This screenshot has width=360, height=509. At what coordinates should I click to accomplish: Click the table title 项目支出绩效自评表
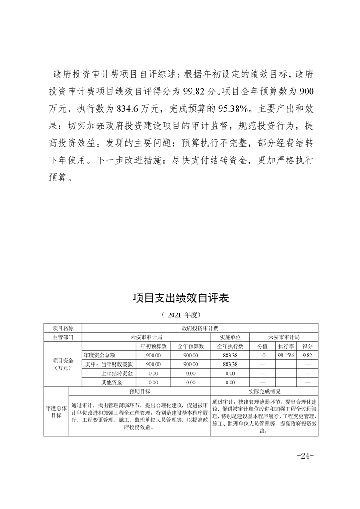(x=181, y=298)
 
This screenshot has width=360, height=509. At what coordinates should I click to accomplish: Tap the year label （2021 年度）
(x=181, y=314)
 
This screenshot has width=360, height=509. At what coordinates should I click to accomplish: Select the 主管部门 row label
(x=62, y=337)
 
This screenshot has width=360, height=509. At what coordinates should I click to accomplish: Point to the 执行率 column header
(x=286, y=346)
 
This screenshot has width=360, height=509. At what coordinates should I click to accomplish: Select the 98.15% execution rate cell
(x=286, y=355)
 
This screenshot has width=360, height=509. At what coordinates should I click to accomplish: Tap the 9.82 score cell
(x=307, y=355)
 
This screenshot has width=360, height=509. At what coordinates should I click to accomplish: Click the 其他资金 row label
(x=112, y=382)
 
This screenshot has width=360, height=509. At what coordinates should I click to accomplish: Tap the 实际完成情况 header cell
(x=264, y=391)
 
